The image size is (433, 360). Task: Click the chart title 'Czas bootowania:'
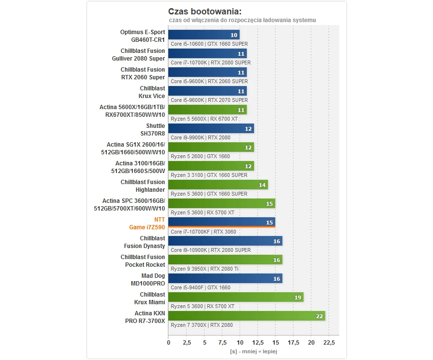pyautogui.click(x=205, y=12)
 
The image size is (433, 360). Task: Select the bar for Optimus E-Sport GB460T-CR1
pyautogui.click(x=204, y=35)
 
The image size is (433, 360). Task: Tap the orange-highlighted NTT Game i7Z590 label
pyautogui.click(x=147, y=223)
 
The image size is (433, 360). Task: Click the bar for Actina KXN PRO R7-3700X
pyautogui.click(x=246, y=316)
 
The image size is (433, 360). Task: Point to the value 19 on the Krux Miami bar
pyautogui.click(x=298, y=298)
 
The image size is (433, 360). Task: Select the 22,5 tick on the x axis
pyautogui.click(x=329, y=343)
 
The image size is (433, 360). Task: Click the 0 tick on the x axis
pyautogui.click(x=168, y=343)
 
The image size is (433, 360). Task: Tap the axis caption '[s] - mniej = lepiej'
pyautogui.click(x=254, y=351)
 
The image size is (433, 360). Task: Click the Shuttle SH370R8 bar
pyautogui.click(x=211, y=129)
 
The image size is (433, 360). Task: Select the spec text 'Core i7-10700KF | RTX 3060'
pyautogui.click(x=203, y=232)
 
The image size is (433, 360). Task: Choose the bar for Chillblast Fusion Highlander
pyautogui.click(x=218, y=185)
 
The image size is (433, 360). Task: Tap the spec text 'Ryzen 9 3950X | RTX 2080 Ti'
pyautogui.click(x=204, y=269)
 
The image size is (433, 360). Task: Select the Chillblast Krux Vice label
pyautogui.click(x=152, y=92)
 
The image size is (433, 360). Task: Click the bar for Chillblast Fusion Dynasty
pyautogui.click(x=225, y=241)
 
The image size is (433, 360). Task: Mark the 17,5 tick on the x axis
pyautogui.click(x=293, y=343)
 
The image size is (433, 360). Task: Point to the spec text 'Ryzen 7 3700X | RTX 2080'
pyautogui.click(x=202, y=325)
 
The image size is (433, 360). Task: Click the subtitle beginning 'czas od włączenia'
pyautogui.click(x=242, y=20)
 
